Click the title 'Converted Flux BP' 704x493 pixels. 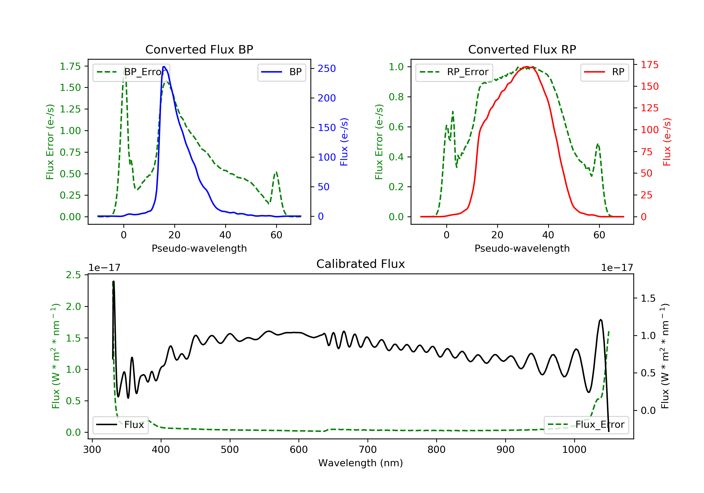tap(199, 49)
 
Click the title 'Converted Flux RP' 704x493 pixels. tap(522, 49)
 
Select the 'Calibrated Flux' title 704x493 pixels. tap(361, 264)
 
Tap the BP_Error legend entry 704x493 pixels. tap(131, 72)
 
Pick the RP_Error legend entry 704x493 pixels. tap(454, 72)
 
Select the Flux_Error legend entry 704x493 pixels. tap(586, 425)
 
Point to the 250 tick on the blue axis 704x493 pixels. tap(327, 68)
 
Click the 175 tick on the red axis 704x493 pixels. tap(649, 65)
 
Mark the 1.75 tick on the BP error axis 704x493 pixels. tap(70, 66)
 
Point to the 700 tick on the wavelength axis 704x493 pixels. tap(368, 450)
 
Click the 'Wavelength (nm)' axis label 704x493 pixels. tap(361, 463)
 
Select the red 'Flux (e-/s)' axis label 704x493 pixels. tap(667, 142)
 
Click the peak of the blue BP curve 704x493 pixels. tap(164, 67)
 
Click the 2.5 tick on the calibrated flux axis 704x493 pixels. tap(74, 275)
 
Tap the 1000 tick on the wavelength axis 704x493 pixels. tap(574, 450)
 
